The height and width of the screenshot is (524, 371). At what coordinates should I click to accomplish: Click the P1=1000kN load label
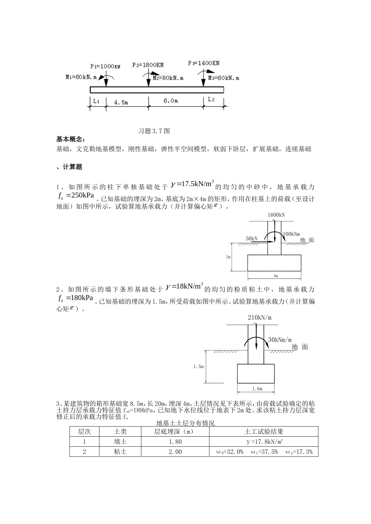105,66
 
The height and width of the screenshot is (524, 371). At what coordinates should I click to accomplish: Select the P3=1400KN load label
203,63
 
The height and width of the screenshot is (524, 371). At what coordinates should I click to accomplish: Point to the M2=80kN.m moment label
168,78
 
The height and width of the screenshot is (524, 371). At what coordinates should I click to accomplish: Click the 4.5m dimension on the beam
121,102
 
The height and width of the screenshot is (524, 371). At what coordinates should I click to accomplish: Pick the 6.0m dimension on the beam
171,101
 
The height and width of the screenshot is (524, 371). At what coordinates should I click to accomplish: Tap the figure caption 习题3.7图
154,131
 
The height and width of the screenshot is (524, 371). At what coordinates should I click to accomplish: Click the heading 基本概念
70,139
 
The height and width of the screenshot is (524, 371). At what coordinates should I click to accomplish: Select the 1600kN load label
276,215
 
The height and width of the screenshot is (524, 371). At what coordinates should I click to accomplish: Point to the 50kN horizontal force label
251,238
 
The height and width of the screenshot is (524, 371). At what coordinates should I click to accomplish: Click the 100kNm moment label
291,234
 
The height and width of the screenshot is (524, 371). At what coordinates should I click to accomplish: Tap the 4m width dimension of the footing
275,276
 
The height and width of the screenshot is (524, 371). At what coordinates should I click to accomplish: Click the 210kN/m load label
259,318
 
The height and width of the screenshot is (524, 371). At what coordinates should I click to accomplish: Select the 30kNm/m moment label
280,340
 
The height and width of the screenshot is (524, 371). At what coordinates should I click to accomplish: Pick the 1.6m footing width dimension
257,389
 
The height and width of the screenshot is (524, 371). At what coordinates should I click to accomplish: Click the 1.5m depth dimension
199,366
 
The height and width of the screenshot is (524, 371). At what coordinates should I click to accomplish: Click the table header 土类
120,432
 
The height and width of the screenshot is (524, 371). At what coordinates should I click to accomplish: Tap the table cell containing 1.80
175,442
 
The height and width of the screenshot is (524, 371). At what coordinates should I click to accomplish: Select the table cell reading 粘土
120,452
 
